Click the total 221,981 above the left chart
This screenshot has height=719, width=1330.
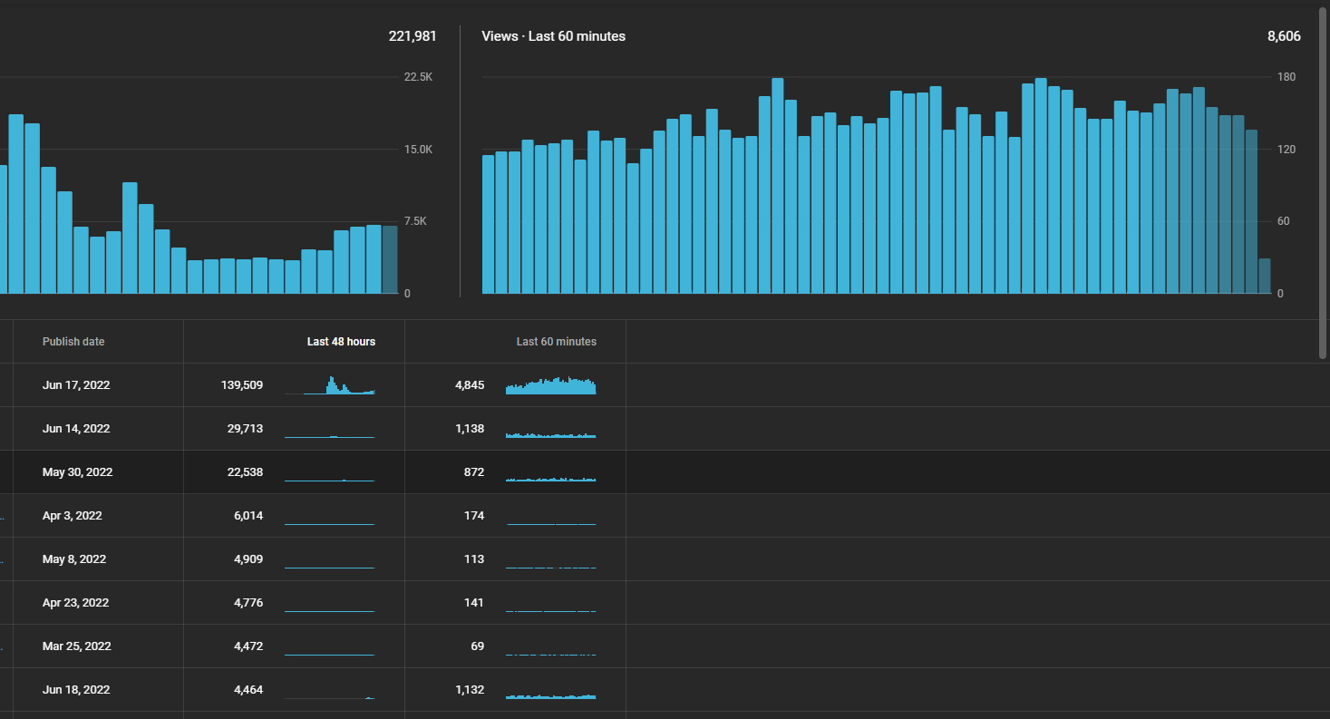[413, 36]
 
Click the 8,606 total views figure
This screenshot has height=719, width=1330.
[1284, 36]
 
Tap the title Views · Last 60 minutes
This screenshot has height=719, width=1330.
[553, 36]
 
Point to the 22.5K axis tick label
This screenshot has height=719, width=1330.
[418, 77]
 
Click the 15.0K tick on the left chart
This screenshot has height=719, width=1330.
[418, 150]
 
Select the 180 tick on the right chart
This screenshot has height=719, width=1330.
[1286, 77]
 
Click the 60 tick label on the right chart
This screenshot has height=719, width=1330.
[1283, 221]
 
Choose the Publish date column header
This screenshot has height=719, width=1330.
[73, 342]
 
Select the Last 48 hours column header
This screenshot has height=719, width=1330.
[341, 342]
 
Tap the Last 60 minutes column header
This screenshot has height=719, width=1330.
[557, 342]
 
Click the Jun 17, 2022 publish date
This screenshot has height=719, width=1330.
[76, 384]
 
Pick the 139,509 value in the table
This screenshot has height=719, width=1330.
[242, 384]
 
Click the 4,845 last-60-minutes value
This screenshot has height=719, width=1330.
[470, 384]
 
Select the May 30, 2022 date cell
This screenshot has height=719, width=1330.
[77, 472]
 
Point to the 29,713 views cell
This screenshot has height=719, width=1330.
[245, 429]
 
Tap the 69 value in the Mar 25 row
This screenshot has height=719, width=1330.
[478, 646]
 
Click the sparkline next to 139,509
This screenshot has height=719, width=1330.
[329, 384]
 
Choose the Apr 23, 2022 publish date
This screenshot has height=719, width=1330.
[75, 603]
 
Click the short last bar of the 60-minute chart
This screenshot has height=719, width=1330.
[1265, 276]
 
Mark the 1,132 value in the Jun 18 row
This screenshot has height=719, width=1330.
[470, 690]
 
